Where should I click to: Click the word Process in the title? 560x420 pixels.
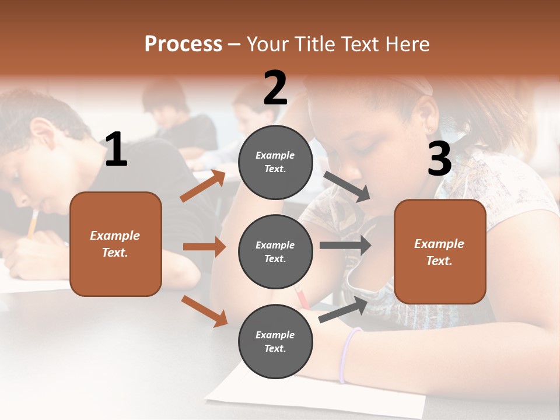point(183,44)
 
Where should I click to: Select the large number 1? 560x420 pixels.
point(116,150)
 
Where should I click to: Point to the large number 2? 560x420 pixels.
point(275,89)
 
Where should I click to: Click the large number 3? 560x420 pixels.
point(439,159)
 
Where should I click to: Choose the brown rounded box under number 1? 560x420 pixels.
point(116,244)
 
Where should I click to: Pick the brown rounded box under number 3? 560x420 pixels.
point(440,251)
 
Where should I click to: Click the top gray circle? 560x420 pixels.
point(275,162)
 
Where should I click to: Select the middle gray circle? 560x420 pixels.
point(275,251)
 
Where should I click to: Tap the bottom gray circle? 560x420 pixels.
point(275,341)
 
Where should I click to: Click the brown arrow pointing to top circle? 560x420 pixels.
point(203,186)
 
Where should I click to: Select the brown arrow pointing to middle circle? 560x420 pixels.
point(204,247)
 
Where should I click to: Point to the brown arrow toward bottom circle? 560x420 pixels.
point(204,311)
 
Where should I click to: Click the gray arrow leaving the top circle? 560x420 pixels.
point(346,186)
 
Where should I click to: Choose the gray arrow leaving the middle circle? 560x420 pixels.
point(345,246)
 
